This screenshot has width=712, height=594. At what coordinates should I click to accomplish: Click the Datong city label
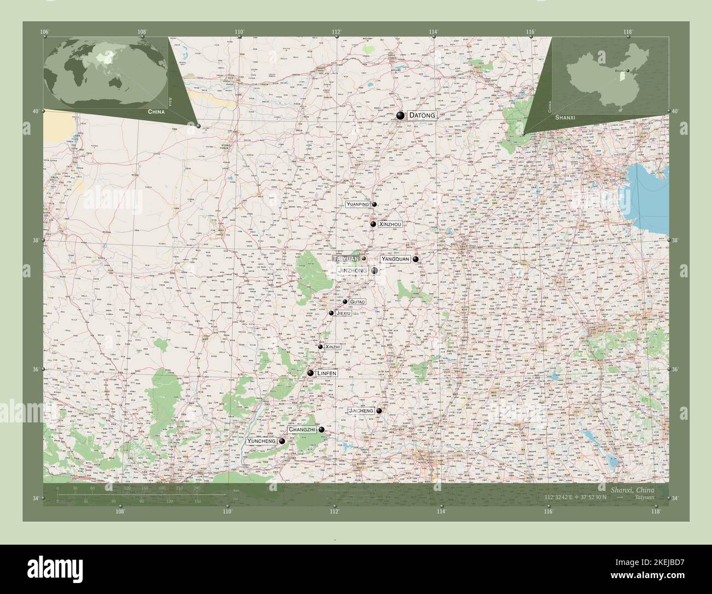coord(422,116)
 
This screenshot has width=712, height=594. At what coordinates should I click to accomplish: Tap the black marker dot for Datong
coord(401,116)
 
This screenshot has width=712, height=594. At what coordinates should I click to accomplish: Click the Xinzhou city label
coord(391,224)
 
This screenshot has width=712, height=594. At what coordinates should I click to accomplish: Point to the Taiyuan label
coord(346,258)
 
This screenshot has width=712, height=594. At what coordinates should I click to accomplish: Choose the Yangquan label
coord(395,259)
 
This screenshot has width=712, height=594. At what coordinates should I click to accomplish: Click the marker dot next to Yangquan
coord(416,259)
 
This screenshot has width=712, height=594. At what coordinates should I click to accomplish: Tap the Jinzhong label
coord(353,271)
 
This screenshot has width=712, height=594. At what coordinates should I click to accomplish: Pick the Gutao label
coord(357,302)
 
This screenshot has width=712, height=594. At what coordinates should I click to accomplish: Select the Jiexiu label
coord(343,313)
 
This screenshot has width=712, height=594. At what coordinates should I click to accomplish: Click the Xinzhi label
coord(332,347)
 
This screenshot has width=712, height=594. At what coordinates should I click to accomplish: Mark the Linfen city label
coord(326,373)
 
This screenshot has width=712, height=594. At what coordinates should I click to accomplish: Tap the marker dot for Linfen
coord(311,373)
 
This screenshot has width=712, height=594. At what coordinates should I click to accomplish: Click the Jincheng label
coord(360,410)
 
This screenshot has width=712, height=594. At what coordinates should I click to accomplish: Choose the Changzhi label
coord(302,430)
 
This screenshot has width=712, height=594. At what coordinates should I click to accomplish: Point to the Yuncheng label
coord(261,441)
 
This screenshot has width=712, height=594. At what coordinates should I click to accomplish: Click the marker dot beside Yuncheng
coord(282,441)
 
